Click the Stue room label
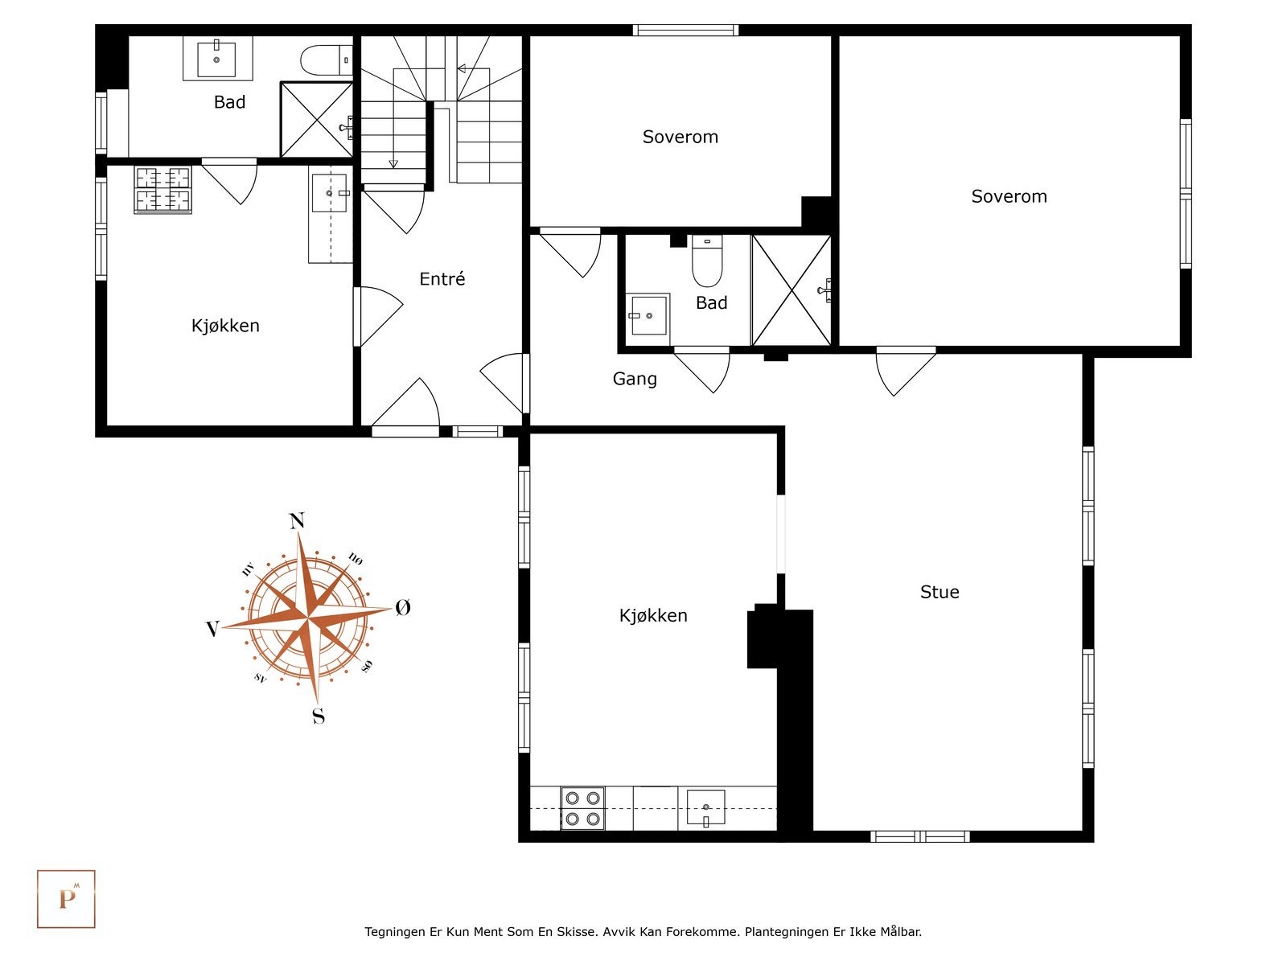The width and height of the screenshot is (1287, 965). tap(939, 592)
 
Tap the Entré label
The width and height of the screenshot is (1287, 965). tap(442, 279)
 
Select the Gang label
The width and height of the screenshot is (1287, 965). tap(635, 379)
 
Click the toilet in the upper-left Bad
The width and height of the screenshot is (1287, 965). tap(326, 60)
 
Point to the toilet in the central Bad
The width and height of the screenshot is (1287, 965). tap(707, 262)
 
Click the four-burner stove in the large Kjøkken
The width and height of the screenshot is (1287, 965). tap(582, 808)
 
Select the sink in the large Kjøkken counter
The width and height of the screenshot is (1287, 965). tap(705, 807)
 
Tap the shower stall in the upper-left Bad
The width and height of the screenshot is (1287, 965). tap(316, 119)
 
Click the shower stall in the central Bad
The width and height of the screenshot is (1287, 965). tap(791, 290)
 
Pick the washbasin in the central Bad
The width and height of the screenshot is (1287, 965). tap(648, 314)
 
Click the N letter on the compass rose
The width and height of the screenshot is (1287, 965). tap(297, 521)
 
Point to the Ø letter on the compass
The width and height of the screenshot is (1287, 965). tap(403, 608)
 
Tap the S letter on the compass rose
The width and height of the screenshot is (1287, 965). tap(319, 716)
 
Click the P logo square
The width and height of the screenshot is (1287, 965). tap(66, 898)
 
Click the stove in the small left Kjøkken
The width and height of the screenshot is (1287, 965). tap(163, 190)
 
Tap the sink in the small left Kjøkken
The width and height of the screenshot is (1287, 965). tap(329, 193)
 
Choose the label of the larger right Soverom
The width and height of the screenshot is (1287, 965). tap(1009, 196)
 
